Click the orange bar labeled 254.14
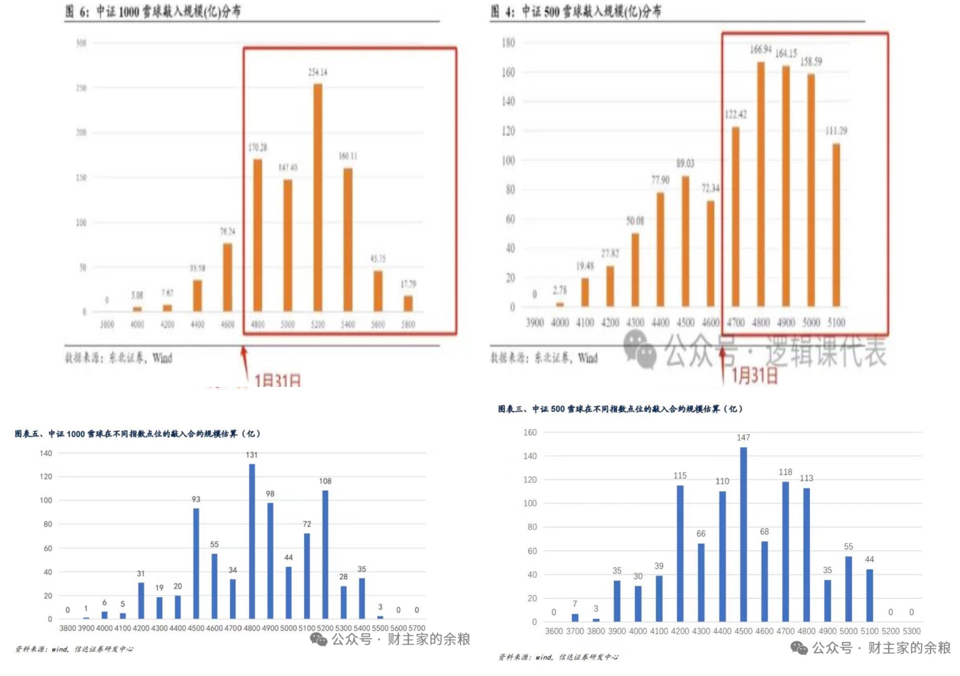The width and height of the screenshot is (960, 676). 318,197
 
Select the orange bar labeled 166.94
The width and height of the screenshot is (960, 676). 760,184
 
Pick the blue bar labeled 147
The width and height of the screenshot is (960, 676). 744,534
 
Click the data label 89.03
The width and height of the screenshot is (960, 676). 685,163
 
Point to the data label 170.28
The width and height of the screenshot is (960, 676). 258,147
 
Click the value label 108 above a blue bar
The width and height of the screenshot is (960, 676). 325,481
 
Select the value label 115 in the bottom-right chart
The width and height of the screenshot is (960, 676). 680,475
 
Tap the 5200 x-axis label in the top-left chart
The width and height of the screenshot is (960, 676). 318,325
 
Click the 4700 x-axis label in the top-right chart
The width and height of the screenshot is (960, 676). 735,322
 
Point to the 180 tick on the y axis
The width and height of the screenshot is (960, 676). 508,43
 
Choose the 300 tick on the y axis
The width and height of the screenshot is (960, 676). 81,43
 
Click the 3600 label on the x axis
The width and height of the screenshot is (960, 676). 554,632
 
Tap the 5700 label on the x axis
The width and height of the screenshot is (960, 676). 417,628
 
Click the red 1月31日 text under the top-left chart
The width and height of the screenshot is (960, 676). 278,381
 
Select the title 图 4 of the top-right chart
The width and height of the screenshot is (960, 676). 576,11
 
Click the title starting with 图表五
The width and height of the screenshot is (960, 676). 137,434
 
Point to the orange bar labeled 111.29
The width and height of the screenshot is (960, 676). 836,225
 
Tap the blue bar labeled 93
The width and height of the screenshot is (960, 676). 196,563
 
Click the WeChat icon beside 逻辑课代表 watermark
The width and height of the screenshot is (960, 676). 640,349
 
